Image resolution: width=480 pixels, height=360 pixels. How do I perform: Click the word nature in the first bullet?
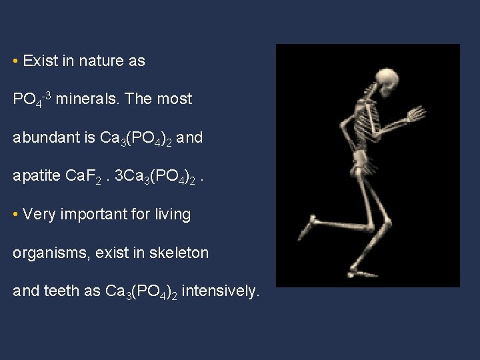click(x=101, y=61)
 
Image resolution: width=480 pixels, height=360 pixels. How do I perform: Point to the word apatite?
click(x=37, y=177)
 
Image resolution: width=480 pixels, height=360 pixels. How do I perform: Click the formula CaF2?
click(x=85, y=177)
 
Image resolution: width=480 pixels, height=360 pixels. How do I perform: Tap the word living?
click(x=172, y=215)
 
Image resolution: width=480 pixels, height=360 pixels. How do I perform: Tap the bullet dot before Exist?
click(x=15, y=61)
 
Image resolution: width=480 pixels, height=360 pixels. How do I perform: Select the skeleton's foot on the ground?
click(x=360, y=272)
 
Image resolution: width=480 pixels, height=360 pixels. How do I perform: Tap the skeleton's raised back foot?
click(x=307, y=227)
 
